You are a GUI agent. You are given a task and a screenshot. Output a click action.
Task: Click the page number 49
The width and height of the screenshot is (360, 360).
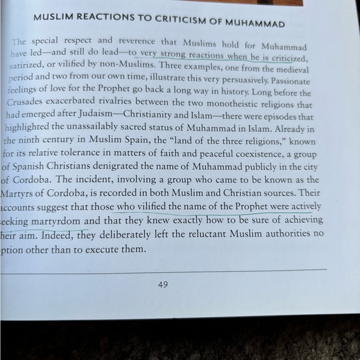coord(163,285)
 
